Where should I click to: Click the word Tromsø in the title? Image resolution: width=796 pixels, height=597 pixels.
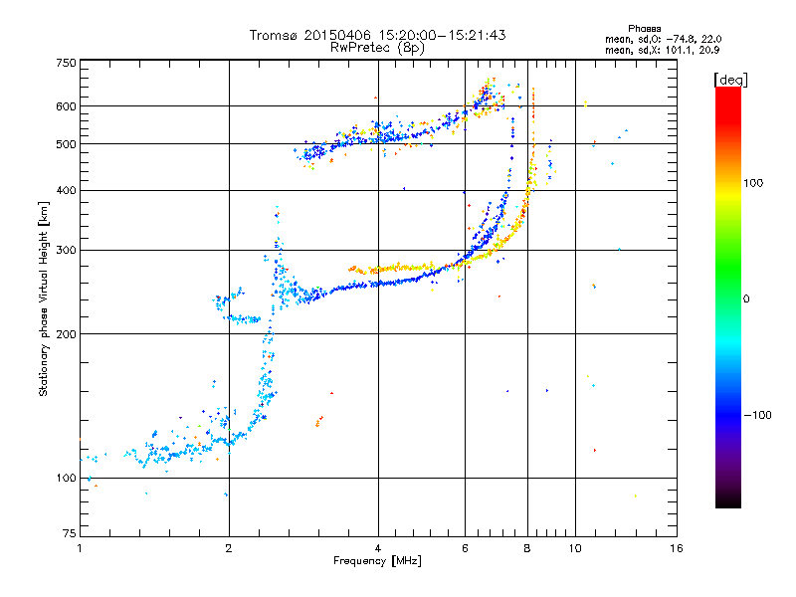tap(275, 35)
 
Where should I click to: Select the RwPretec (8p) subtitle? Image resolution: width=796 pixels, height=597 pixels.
tap(378, 48)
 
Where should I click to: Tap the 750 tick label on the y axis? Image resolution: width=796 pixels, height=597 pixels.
tap(67, 63)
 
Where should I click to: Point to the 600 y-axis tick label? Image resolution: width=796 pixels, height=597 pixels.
tap(67, 106)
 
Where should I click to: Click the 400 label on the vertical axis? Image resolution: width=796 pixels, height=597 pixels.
tap(67, 191)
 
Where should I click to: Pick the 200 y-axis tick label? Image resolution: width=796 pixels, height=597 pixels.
tap(67, 334)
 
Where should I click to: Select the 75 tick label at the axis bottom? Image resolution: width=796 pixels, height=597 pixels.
tap(70, 533)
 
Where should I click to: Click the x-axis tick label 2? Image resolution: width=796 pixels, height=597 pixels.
tap(229, 548)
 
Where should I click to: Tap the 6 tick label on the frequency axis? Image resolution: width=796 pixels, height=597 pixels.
tap(465, 548)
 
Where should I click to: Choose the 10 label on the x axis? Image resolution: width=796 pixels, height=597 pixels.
tap(575, 548)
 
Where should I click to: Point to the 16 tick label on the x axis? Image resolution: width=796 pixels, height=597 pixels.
tap(677, 548)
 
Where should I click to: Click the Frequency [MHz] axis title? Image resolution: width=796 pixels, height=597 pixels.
tap(377, 561)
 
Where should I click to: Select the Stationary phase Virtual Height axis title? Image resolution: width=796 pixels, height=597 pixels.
tap(44, 299)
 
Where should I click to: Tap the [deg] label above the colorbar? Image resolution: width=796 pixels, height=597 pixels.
tap(730, 80)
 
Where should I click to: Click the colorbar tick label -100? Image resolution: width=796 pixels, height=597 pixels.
tap(758, 415)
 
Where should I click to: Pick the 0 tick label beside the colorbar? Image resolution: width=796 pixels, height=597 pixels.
tap(746, 299)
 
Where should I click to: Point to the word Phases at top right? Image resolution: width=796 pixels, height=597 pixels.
tap(644, 29)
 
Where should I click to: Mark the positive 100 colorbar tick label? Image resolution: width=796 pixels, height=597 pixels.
tap(753, 183)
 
